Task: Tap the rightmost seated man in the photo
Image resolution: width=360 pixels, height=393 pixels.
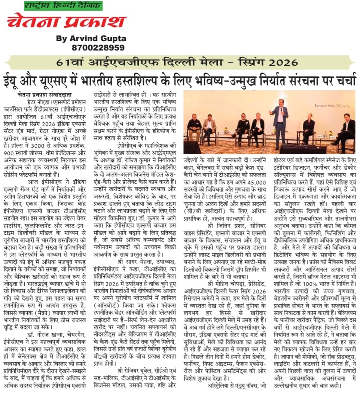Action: point(346,131)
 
